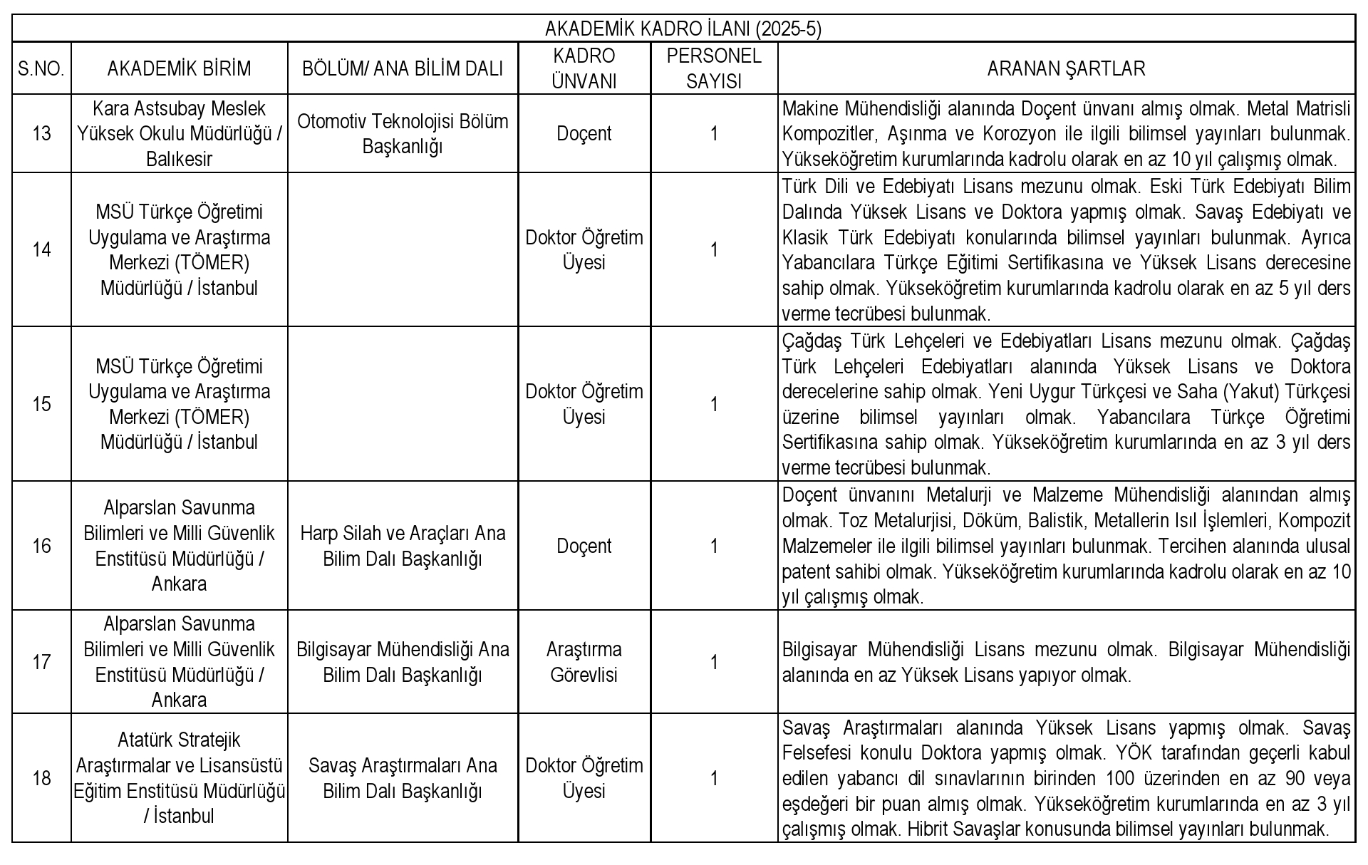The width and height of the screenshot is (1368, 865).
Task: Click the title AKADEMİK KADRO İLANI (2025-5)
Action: [x=683, y=29]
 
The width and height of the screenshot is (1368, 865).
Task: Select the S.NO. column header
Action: [x=41, y=68]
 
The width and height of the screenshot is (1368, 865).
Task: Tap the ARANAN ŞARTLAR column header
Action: [x=1066, y=68]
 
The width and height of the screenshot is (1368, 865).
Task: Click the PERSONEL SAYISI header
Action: [x=714, y=68]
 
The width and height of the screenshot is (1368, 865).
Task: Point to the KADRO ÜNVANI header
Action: [x=584, y=68]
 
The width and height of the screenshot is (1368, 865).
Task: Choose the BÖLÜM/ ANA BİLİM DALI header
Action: [x=403, y=68]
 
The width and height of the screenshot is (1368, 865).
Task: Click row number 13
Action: [x=41, y=133]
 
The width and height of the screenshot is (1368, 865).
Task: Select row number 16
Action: [x=41, y=546]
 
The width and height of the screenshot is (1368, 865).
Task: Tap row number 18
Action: [x=41, y=778]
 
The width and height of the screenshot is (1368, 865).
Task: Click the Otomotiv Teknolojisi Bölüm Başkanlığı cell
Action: [x=403, y=133]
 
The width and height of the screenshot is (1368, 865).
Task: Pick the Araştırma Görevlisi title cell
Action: [x=584, y=662]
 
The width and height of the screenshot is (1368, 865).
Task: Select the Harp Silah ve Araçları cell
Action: [x=403, y=546]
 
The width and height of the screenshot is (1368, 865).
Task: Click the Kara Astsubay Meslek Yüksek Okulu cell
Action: [x=179, y=133]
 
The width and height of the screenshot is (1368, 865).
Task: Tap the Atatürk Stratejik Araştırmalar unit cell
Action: [x=179, y=778]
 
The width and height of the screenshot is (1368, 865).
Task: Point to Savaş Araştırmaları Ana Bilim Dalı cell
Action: [x=403, y=778]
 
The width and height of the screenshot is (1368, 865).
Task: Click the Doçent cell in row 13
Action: [x=584, y=133]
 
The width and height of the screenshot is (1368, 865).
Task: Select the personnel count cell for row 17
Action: [x=714, y=662]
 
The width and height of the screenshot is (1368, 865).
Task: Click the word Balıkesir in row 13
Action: [x=179, y=159]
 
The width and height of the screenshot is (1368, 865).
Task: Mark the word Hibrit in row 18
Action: [x=928, y=829]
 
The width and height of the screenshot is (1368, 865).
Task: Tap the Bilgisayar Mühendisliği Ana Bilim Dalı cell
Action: [x=403, y=662]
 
